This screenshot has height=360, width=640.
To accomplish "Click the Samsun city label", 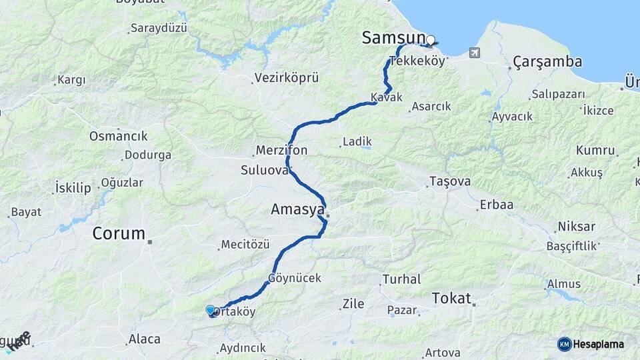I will (393, 37).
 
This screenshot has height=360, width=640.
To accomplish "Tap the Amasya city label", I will (297, 209).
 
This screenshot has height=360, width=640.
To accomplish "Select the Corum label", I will (119, 233).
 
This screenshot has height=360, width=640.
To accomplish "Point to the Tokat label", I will (451, 298).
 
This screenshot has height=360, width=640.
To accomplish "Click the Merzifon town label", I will (281, 150).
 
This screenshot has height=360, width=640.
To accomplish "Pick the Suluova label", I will (265, 170).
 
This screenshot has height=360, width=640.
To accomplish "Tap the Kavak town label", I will (387, 97).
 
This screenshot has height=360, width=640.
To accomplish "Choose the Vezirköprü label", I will (287, 78).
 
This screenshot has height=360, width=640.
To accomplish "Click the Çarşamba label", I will (547, 62).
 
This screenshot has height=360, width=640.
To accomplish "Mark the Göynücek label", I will (295, 277).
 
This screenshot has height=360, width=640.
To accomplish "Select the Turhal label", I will (402, 279).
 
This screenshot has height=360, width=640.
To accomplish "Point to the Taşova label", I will (450, 181).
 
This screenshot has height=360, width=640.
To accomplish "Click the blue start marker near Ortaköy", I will (211, 310).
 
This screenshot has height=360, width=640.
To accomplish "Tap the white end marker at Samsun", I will (431, 40).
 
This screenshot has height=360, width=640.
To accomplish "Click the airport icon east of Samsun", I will (474, 52).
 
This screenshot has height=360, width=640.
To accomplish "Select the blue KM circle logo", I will (565, 344).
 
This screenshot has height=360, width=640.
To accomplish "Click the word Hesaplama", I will (599, 344).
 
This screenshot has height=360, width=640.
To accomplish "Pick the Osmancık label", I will (119, 136).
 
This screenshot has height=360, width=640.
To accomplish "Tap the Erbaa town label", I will (496, 205).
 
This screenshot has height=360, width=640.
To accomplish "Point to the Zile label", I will (353, 304).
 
